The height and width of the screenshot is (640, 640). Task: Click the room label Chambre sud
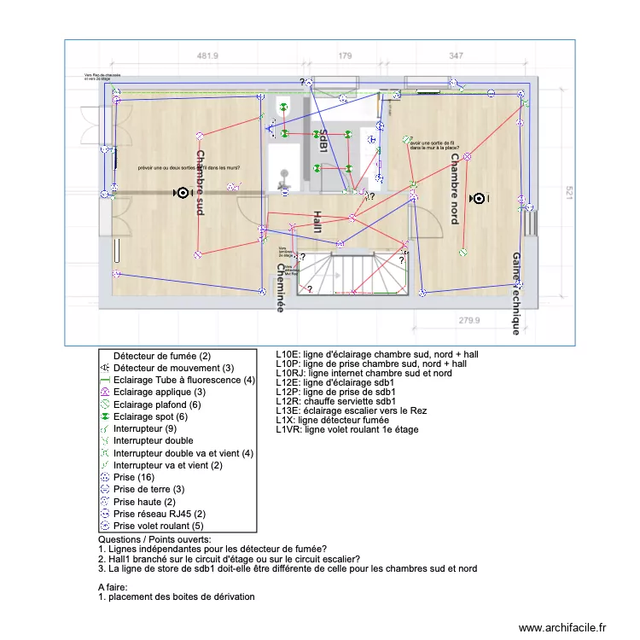(x=200, y=183)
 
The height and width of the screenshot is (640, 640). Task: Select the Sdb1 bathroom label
(x=323, y=142)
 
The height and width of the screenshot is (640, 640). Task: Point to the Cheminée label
(x=280, y=288)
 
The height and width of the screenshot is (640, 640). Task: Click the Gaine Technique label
(x=516, y=292)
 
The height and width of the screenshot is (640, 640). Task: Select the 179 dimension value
(x=345, y=56)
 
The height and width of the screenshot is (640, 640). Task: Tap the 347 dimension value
(x=456, y=56)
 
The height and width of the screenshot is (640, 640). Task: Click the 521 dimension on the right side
(x=566, y=195)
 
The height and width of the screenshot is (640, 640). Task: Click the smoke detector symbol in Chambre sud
(x=181, y=194)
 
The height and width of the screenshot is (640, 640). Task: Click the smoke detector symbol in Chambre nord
(x=479, y=199)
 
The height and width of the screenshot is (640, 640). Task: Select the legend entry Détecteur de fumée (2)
(x=161, y=355)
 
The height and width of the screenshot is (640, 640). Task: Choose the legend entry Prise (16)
(x=136, y=477)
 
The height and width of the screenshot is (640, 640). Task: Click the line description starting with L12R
(x=335, y=401)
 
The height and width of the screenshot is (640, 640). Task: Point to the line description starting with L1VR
(x=347, y=429)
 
